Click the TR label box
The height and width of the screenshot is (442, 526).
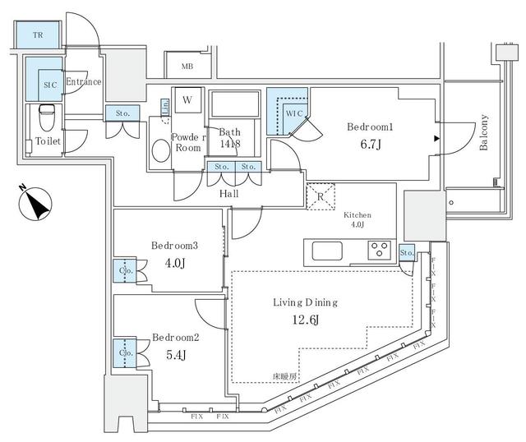click(38, 35)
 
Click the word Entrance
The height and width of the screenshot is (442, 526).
click(83, 81)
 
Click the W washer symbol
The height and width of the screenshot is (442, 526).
click(187, 100)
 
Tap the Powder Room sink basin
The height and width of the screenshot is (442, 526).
click(161, 151)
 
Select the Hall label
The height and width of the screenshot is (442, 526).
click(229, 194)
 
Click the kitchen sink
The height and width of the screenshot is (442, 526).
click(327, 249)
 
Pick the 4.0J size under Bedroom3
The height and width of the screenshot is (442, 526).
click(174, 264)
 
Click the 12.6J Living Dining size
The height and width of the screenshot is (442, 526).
click(305, 320)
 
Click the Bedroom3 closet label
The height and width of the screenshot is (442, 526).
click(126, 269)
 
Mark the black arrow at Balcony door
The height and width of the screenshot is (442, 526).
click(437, 137)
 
